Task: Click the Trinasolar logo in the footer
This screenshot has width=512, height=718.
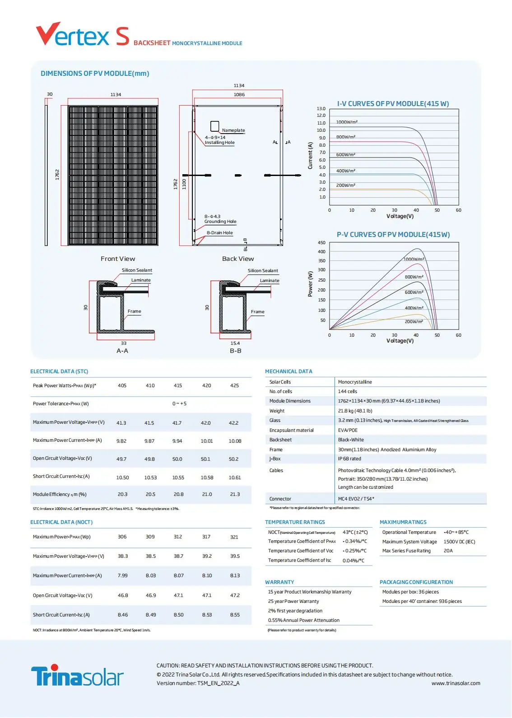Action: coord(77,676)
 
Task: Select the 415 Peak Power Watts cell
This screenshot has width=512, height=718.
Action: coord(178,385)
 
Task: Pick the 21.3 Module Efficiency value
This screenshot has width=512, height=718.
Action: coord(235,494)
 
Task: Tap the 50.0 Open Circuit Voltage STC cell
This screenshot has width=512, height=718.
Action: coord(177,459)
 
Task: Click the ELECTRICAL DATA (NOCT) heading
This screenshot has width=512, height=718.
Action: coord(61,522)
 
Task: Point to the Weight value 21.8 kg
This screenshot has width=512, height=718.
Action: coord(355,411)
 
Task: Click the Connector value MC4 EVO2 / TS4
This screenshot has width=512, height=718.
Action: coord(356,499)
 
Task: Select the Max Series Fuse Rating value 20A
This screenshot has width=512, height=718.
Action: coord(448,551)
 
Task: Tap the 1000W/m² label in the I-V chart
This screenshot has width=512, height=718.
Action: coord(347,122)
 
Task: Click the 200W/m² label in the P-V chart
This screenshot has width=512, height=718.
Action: coord(414,321)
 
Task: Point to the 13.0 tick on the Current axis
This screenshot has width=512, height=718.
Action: coord(321,108)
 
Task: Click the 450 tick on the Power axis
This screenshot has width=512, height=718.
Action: coord(321,243)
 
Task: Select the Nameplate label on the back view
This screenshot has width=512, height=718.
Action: coord(233,130)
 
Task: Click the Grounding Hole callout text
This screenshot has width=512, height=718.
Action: coord(220,222)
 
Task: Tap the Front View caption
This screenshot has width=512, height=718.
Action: coord(118,259)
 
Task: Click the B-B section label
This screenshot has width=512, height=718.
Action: coord(235,351)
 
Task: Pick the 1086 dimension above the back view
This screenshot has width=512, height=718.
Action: coord(239,94)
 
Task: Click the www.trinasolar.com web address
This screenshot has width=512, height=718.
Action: coord(456,683)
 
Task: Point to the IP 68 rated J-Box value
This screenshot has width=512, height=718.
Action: coord(349,459)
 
